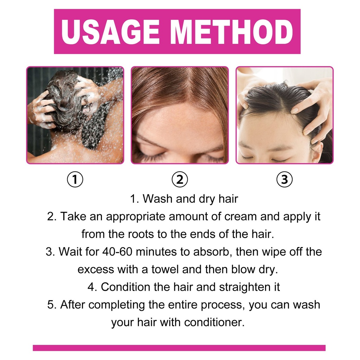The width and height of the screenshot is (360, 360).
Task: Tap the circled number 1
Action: [75, 180]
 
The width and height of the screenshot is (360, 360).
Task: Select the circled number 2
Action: [180, 180]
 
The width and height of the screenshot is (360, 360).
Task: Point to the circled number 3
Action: [284, 180]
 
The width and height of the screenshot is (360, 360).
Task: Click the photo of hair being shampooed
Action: [75, 115]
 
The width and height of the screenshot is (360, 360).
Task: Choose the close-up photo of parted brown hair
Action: [180, 115]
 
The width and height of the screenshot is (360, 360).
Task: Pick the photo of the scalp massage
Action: [284, 115]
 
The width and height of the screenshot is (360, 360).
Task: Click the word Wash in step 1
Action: [158, 199]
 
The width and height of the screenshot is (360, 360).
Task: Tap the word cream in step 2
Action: [240, 217]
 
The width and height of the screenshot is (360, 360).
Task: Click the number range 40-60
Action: [117, 252]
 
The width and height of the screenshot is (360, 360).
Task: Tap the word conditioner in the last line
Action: [214, 323]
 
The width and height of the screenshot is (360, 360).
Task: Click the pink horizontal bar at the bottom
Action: [179, 348]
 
